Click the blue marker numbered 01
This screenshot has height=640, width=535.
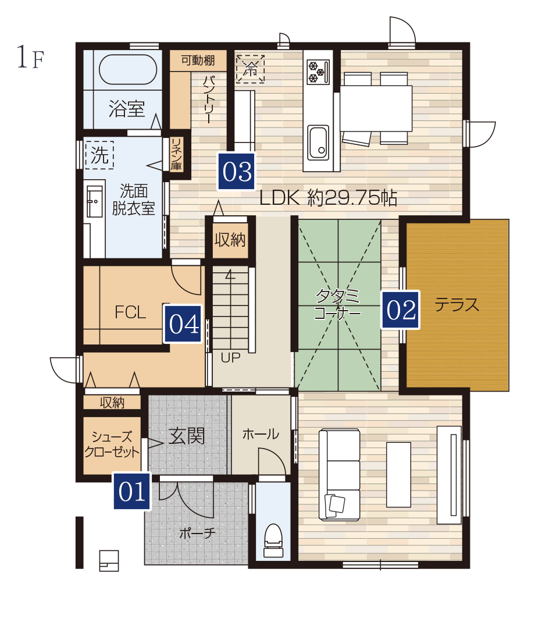tap(132, 491)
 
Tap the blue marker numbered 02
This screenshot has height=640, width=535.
tap(400, 310)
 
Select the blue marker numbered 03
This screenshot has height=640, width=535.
tap(236, 172)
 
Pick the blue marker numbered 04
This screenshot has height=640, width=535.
tap(183, 324)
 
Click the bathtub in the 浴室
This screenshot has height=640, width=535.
tap(128, 69)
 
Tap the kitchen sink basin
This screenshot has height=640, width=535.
tap(318, 143)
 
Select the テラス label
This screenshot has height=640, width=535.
tap(456, 305)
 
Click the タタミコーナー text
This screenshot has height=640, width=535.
tap(338, 304)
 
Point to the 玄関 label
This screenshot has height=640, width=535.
tap(187, 436)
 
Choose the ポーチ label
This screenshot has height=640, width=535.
tap(198, 533)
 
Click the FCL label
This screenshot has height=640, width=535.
tap(130, 312)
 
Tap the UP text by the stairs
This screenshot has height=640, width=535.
tap(230, 358)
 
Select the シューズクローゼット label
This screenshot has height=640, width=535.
tap(112, 445)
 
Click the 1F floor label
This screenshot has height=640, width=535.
tap(30, 57)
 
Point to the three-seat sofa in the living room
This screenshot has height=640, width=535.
tap(339, 474)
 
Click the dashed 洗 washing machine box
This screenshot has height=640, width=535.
tap(99, 155)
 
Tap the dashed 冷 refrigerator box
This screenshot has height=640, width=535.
tap(250, 69)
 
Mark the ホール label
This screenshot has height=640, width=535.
tap(261, 434)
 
